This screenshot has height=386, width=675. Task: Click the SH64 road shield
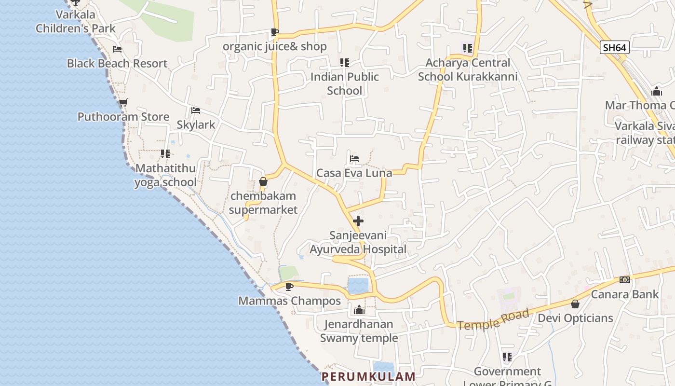(615, 47)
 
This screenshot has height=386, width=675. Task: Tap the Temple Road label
(493, 319)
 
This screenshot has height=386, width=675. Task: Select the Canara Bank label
(624, 294)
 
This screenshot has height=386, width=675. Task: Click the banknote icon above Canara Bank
(624, 280)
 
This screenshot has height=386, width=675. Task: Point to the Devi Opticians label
(575, 318)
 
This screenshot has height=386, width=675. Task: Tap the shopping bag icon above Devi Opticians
(575, 304)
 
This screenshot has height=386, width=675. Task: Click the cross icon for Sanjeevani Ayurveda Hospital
(358, 221)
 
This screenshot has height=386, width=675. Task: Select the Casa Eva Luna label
(354, 173)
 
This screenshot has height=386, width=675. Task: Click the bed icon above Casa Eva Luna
(354, 158)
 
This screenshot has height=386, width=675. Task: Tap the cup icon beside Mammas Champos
(289, 287)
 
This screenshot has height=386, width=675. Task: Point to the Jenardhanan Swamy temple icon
(359, 310)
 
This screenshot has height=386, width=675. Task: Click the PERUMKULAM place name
(368, 376)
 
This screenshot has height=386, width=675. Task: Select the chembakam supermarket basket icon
(263, 182)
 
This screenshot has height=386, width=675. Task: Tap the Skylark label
(196, 124)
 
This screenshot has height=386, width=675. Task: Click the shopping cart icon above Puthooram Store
(123, 102)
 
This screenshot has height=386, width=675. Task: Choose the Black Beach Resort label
(117, 63)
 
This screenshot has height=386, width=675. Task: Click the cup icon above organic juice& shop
(274, 32)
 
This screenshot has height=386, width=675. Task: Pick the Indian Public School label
(344, 83)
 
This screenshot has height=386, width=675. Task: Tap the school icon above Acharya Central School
(467, 48)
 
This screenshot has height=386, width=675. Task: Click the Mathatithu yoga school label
(165, 175)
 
